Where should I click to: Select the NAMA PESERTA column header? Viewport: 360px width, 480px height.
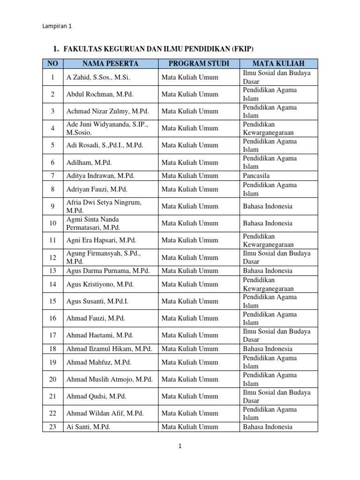[110, 63]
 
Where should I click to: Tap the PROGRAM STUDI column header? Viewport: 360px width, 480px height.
[199, 63]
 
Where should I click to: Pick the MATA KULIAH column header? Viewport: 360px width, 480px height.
[278, 63]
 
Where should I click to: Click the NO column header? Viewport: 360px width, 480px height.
[53, 63]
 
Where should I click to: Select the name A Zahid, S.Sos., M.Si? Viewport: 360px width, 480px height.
[98, 77]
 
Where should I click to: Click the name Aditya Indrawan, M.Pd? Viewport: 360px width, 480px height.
[100, 176]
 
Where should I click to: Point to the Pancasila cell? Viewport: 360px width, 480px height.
[256, 176]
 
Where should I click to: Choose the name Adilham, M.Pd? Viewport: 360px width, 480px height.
[90, 163]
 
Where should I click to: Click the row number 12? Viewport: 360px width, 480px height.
[53, 257]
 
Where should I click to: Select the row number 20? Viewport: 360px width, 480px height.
[53, 379]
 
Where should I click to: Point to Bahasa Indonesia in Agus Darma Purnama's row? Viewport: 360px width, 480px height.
[268, 271]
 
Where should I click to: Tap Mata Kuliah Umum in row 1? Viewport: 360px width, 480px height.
[190, 77]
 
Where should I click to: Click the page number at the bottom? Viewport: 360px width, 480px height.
[180, 446]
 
